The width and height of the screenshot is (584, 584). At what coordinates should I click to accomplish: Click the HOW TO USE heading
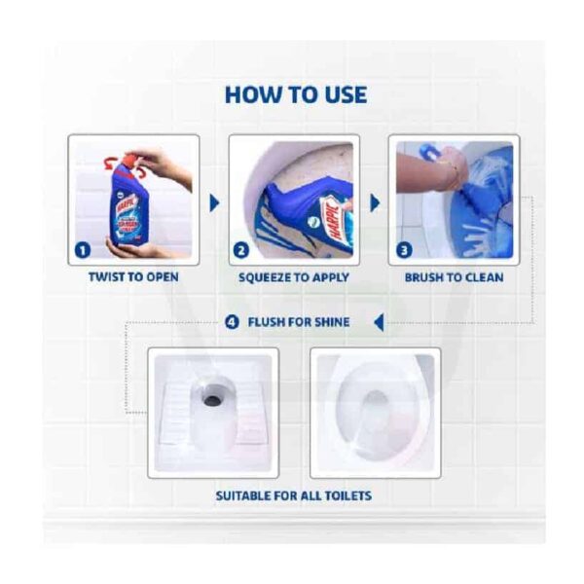point(296,94)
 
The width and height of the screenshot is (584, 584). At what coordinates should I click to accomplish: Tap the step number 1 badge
point(83,250)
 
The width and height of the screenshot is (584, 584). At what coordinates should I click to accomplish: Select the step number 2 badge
point(241,250)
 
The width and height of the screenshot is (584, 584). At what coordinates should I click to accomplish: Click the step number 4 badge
point(232,322)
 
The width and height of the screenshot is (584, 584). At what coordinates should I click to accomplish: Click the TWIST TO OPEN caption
point(133,277)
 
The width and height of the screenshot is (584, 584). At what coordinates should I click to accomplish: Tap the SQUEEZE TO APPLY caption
point(294,277)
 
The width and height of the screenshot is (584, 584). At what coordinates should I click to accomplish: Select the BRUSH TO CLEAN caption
point(454,277)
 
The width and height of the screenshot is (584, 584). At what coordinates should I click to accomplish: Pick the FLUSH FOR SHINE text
point(299,322)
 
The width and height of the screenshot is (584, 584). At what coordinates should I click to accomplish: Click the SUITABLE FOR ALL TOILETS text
point(294,495)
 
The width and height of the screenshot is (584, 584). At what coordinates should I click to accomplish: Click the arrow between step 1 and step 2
point(214,203)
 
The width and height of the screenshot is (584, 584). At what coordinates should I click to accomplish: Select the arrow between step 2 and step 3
point(375,203)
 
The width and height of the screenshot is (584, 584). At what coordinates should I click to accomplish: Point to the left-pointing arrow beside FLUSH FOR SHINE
point(379,322)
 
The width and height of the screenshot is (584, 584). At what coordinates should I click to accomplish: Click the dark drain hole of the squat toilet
point(212,400)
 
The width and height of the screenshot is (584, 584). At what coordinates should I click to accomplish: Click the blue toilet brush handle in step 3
point(428,153)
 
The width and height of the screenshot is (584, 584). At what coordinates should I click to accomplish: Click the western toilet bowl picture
point(376,413)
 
